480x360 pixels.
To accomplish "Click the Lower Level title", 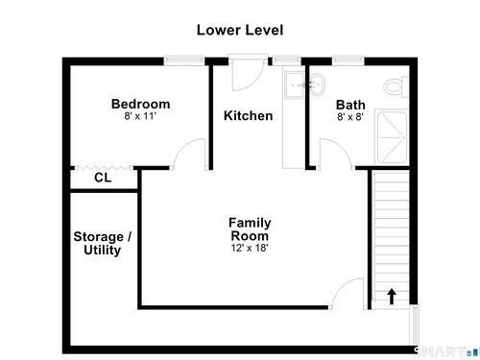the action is pyautogui.click(x=240, y=30).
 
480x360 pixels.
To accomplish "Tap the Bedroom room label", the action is pyautogui.click(x=140, y=104).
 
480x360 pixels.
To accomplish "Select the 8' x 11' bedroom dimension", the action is pyautogui.click(x=140, y=116).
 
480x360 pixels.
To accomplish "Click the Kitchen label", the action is pyautogui.click(x=249, y=115).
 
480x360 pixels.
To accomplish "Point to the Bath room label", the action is pyautogui.click(x=350, y=105).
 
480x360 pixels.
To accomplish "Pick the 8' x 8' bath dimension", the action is pyautogui.click(x=350, y=117).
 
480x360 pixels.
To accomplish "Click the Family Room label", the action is pyautogui.click(x=250, y=229).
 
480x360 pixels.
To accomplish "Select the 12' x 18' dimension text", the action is pyautogui.click(x=250, y=248).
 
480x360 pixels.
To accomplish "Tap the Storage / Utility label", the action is pyautogui.click(x=102, y=243).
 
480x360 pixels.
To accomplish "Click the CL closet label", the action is pyautogui.click(x=103, y=178).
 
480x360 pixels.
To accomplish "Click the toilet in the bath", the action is pyautogui.click(x=396, y=86).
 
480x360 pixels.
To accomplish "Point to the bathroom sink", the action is pyautogui.click(x=317, y=84).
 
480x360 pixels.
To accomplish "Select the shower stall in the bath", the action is pyautogui.click(x=392, y=137).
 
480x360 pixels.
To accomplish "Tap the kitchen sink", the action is pyautogui.click(x=295, y=85).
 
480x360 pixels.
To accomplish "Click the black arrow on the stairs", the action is pyautogui.click(x=392, y=297).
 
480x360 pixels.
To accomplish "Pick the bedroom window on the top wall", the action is pyautogui.click(x=184, y=60).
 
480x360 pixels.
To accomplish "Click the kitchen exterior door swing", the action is pyautogui.click(x=248, y=75).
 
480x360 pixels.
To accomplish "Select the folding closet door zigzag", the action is pyautogui.click(x=104, y=168).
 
